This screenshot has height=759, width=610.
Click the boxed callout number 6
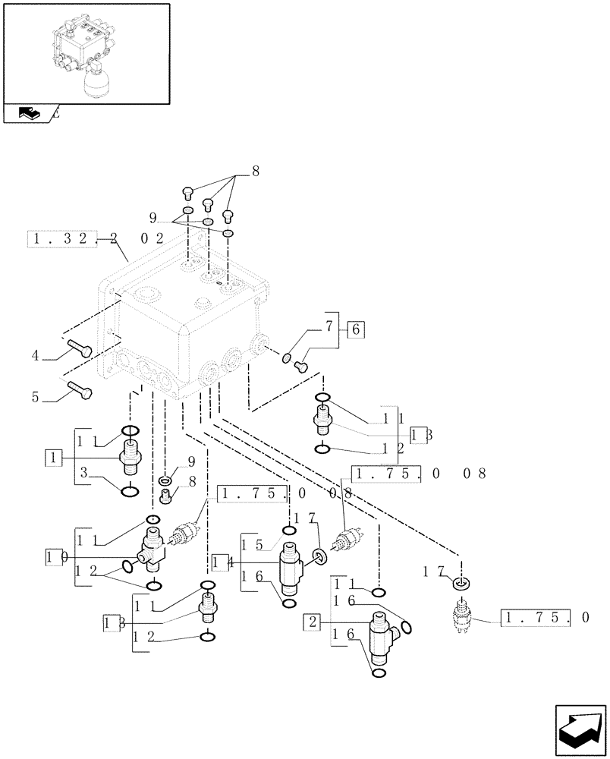(x=357, y=329)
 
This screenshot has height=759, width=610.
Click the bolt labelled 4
(x=79, y=349)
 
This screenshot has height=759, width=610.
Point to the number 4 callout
(x=35, y=354)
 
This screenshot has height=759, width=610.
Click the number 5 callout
(x=35, y=395)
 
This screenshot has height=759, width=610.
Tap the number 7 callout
(x=329, y=327)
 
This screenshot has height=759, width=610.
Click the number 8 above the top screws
(x=255, y=172)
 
